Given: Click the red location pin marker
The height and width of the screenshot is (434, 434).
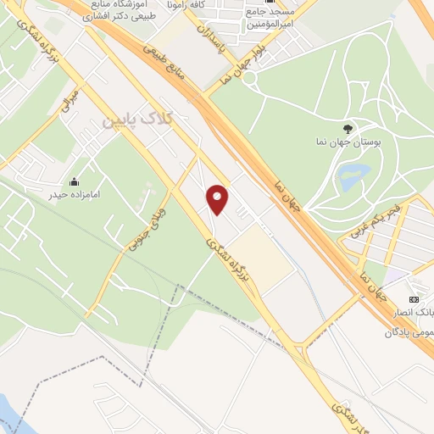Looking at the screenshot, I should pyautogui.click(x=218, y=199).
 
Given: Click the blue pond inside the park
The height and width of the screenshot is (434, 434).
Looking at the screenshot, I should pyautogui.click(x=349, y=178).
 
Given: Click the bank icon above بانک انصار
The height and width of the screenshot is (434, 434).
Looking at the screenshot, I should pyautogui.click(x=414, y=299).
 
